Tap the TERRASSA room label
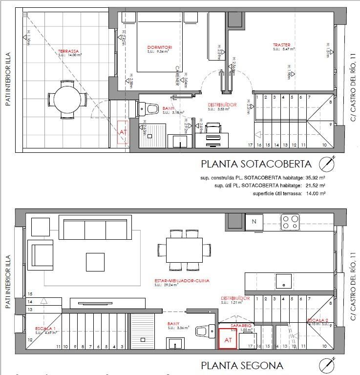68,51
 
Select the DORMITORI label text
160,47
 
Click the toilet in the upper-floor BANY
153,109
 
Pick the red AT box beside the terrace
122,132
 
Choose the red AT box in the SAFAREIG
228,339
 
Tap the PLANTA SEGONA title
242,365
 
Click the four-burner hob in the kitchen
290,222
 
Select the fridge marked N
254,222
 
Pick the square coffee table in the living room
95,262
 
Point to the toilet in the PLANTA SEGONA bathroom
203,331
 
